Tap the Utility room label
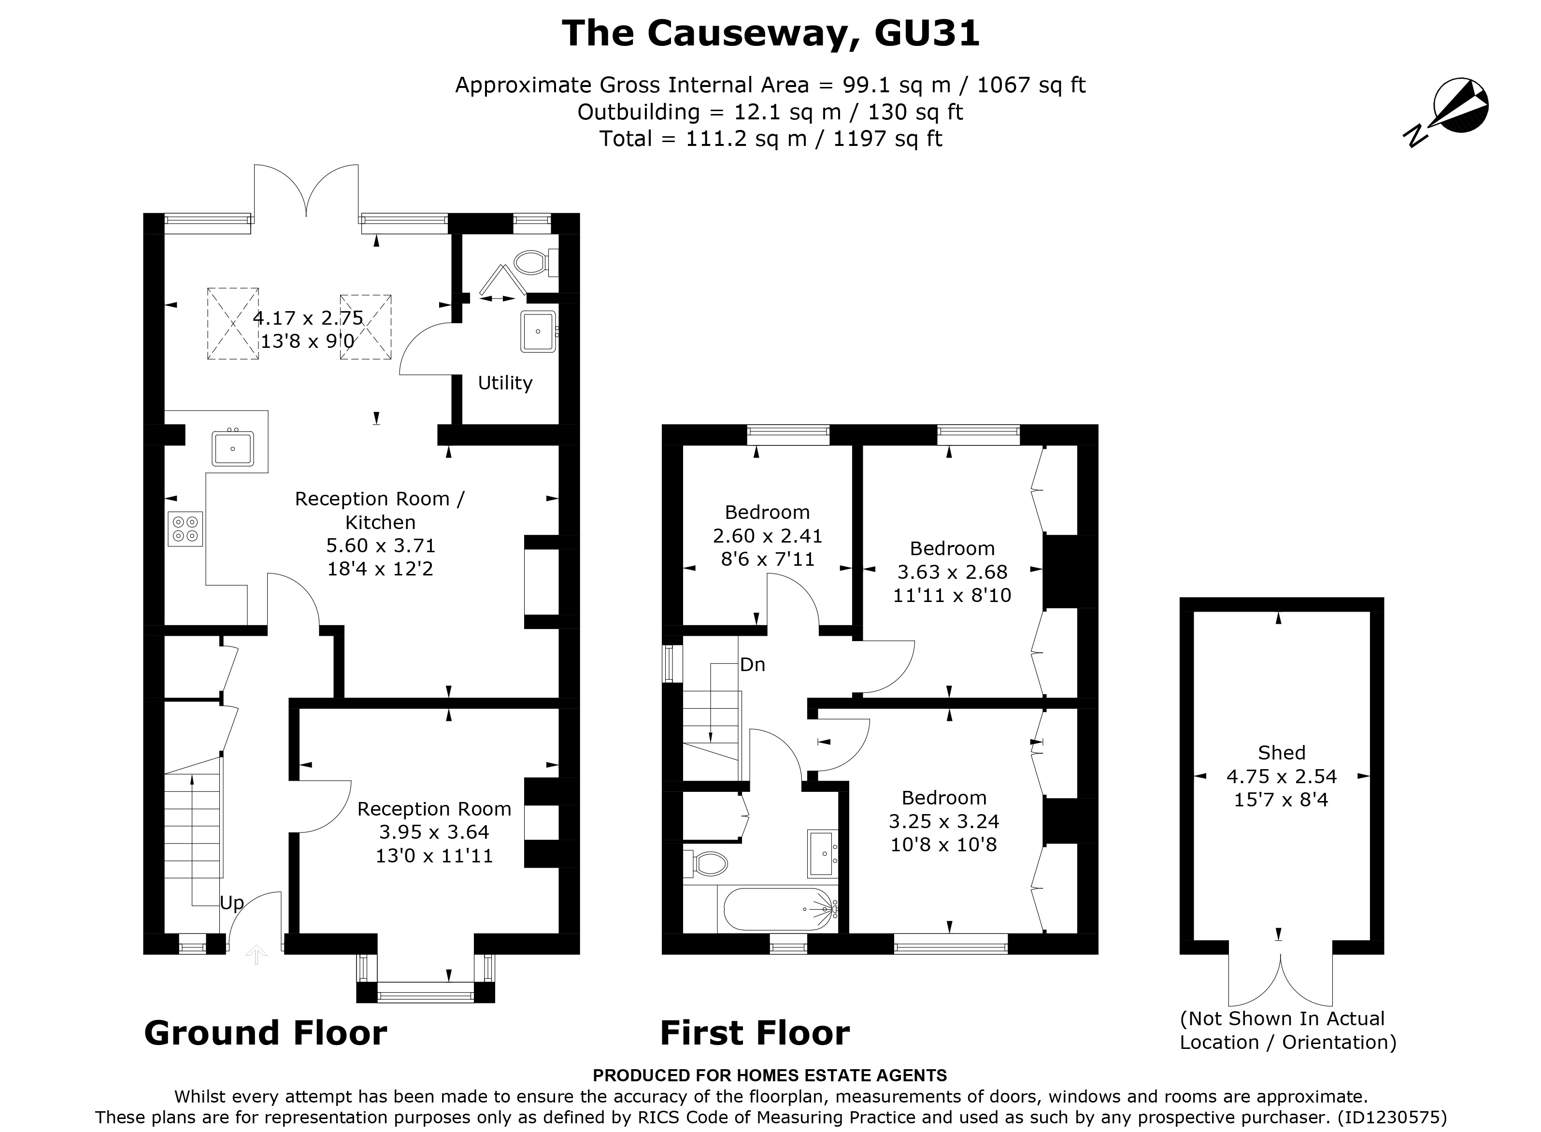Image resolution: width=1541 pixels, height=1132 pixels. click(x=505, y=383)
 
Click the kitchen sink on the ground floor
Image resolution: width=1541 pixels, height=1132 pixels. click(x=233, y=449)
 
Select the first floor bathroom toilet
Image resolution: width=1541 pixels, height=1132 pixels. click(x=706, y=864)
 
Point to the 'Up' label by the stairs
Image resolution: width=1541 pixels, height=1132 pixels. click(x=231, y=903)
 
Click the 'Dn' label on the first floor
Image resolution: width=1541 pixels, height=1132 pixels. click(x=752, y=665)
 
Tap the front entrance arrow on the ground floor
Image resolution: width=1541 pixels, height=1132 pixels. click(x=256, y=954)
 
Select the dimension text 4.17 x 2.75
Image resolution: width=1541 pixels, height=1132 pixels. click(x=308, y=318)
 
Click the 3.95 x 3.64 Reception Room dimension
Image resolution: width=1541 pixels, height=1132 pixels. click(x=434, y=832)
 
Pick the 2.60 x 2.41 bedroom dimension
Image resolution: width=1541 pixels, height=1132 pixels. click(x=768, y=536)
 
